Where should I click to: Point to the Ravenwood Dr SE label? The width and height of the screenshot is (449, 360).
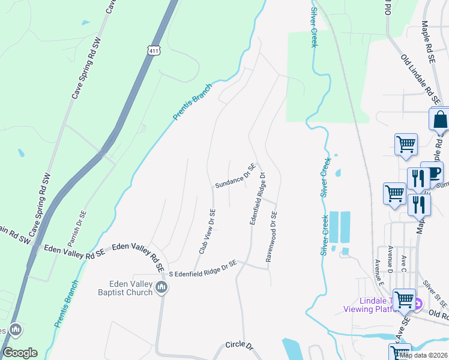(271, 236)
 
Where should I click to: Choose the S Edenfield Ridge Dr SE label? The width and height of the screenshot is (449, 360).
(203, 268)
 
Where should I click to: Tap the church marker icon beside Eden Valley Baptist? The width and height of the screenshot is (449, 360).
(161, 288)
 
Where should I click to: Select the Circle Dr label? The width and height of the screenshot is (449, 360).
(240, 346)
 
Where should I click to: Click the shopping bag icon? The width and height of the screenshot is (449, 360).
(439, 119)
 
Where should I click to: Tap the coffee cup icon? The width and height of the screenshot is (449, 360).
(433, 172)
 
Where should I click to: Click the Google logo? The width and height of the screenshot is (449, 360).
(20, 353)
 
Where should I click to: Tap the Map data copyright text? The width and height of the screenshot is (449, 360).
(424, 355)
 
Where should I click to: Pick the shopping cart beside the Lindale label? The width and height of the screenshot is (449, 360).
(404, 299)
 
